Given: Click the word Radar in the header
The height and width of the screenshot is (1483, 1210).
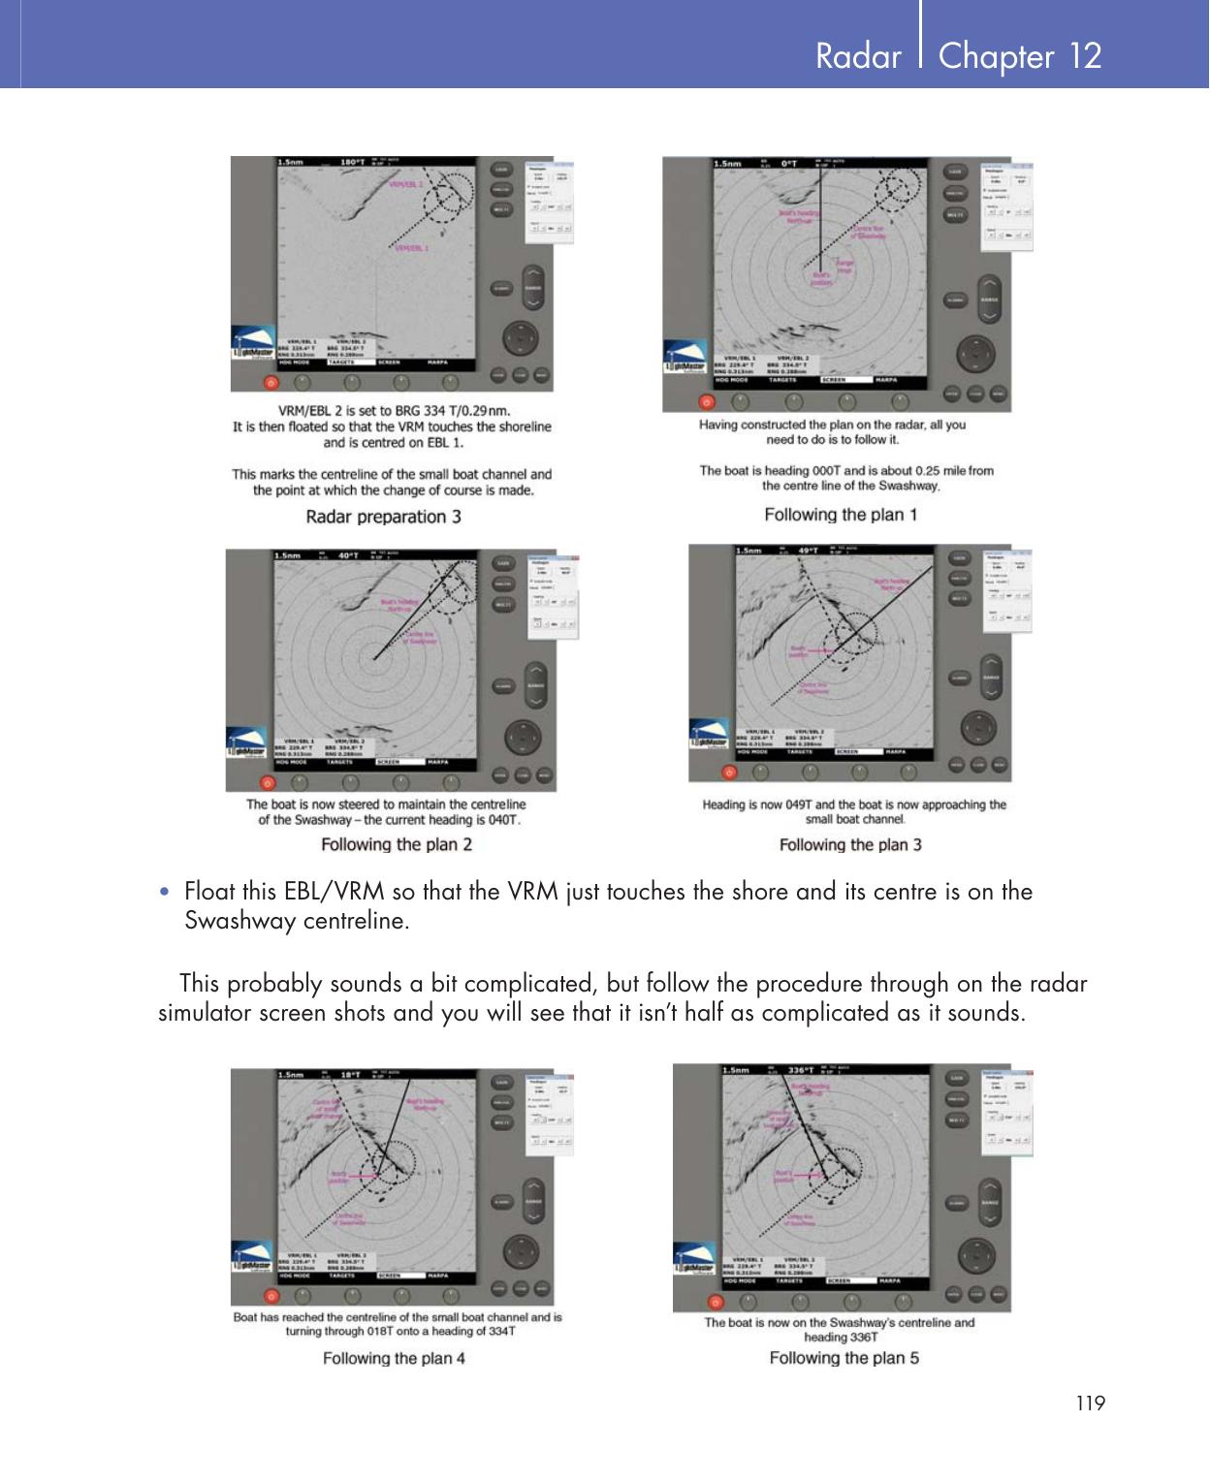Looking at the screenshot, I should [858, 56].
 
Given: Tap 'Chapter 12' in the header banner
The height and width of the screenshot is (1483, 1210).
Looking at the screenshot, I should [1020, 56].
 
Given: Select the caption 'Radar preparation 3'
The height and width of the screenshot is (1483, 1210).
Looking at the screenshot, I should [383, 517].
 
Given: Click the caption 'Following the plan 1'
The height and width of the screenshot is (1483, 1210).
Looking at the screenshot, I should [841, 515].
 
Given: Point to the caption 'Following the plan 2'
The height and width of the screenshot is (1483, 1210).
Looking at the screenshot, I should [397, 844].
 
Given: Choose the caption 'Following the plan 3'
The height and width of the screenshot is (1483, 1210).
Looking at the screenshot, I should [850, 844].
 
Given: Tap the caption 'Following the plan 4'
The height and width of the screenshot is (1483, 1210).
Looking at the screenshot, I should [394, 1358].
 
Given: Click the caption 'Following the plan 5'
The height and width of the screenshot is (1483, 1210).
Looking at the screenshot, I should [844, 1357].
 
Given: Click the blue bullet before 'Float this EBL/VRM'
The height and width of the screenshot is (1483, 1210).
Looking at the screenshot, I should [170, 892].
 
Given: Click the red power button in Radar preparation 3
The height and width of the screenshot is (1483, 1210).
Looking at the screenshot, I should [271, 382].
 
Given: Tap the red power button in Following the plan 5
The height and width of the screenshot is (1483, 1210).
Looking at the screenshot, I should [716, 1303].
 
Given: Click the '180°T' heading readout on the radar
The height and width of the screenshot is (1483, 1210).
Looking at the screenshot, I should [351, 163].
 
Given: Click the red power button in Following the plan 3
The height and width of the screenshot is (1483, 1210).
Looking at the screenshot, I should [729, 773].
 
